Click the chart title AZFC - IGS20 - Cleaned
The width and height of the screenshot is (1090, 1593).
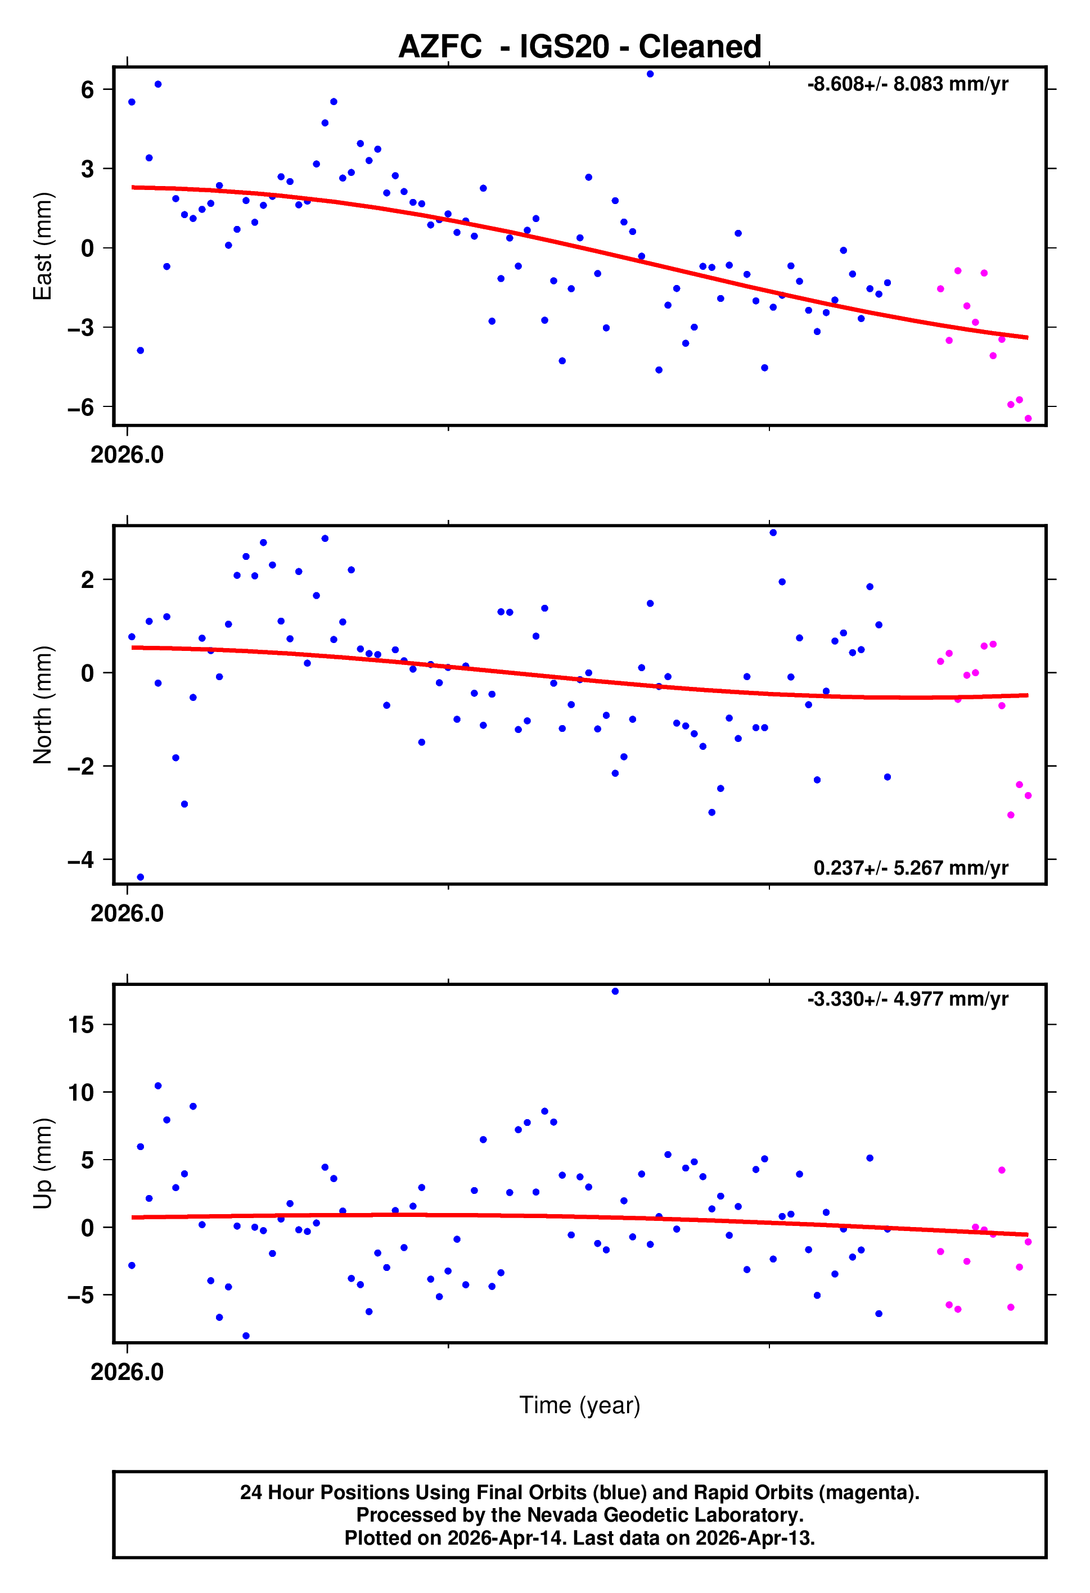(x=580, y=47)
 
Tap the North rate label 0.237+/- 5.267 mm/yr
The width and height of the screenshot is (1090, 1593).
(x=910, y=868)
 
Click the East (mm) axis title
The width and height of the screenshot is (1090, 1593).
(x=43, y=246)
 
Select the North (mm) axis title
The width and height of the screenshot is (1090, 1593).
(x=43, y=705)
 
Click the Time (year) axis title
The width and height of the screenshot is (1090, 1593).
(x=580, y=1405)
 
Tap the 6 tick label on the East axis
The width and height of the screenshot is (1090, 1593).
(x=87, y=89)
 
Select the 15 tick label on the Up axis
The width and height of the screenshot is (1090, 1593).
(x=81, y=1025)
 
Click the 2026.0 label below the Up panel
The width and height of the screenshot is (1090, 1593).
(x=127, y=1372)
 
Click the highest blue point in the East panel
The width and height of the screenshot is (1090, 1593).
(x=650, y=74)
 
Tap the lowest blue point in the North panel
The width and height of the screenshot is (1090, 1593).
(x=141, y=877)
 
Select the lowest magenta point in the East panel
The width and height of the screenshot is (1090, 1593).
(x=1028, y=418)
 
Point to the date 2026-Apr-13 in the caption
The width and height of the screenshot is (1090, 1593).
(x=755, y=1538)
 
